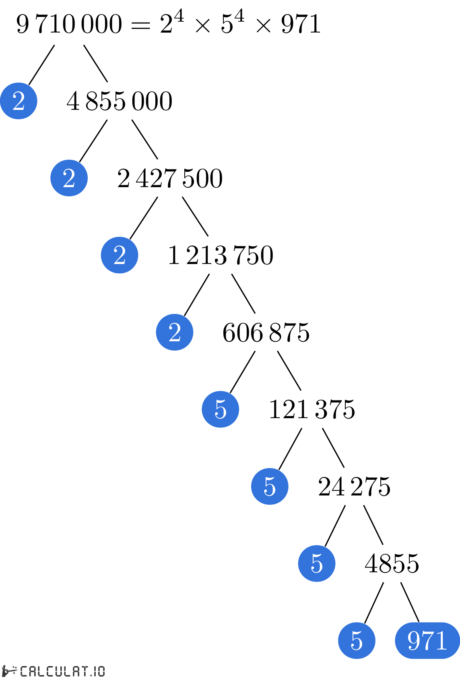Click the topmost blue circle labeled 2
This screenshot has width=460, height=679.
19,101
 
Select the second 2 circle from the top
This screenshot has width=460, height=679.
69,178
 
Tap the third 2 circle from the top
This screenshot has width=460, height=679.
120,255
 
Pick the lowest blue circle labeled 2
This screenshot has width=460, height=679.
175,332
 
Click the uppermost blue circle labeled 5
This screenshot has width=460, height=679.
221,409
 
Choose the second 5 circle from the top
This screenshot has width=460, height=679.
270,486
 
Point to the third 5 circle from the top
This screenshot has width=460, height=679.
317,563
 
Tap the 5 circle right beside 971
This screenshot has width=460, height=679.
357,640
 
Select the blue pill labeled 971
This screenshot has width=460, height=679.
427,640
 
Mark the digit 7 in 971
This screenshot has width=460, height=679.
428,640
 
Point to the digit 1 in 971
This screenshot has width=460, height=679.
441,640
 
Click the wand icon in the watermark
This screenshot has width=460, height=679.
10,671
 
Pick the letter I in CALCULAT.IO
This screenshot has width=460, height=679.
95,671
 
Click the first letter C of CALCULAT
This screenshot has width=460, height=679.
24,671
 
